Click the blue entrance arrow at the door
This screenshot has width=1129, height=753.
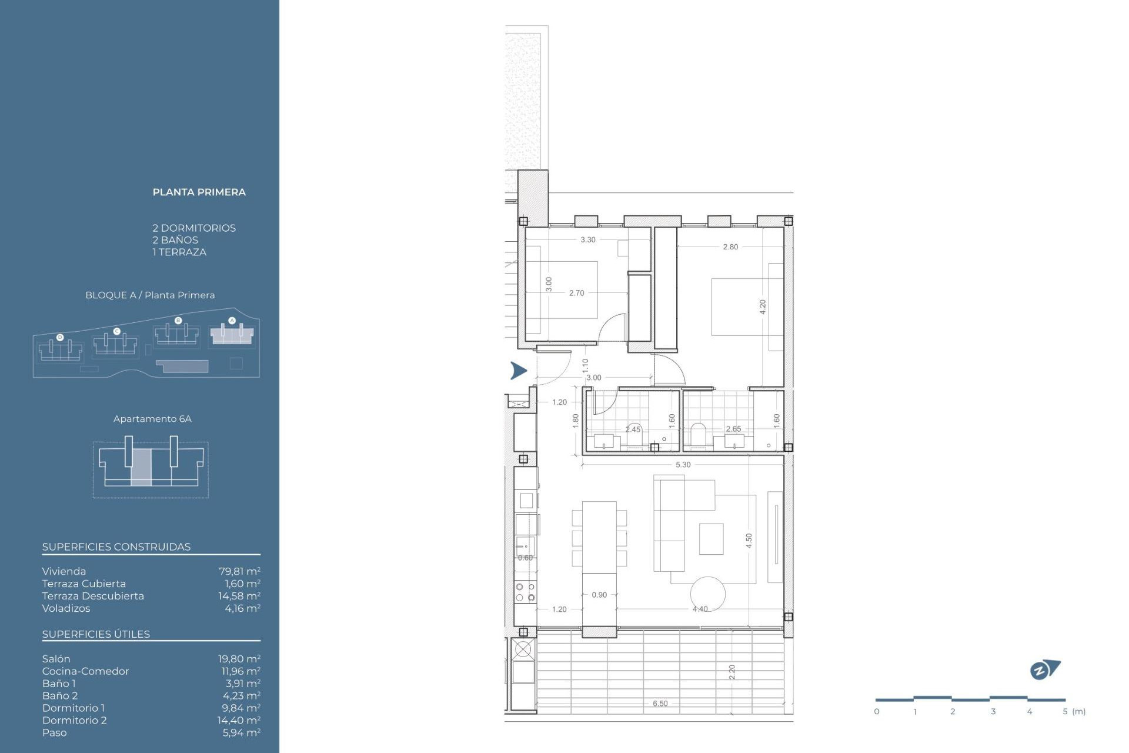click(518, 370)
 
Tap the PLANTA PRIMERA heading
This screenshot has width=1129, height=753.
click(199, 192)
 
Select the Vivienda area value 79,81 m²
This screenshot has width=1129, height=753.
click(239, 571)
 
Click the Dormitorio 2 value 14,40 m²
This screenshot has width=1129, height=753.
click(239, 720)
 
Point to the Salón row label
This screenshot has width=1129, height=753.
click(56, 659)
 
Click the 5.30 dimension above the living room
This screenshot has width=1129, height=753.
click(683, 465)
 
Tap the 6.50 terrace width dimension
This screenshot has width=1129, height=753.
click(660, 704)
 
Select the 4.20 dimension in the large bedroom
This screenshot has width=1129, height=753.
click(763, 306)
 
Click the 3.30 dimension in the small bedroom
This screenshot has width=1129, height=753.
click(587, 240)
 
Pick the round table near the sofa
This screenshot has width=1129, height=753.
click(707, 594)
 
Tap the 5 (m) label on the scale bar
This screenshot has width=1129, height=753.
click(1074, 712)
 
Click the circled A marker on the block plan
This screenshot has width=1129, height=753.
click(232, 321)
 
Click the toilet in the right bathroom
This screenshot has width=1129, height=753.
click(698, 435)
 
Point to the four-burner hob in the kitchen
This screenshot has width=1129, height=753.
click(525, 592)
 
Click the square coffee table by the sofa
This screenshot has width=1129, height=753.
click(711, 539)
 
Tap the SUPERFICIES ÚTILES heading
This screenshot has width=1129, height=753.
click(96, 634)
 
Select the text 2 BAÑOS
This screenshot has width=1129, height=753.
click(175, 240)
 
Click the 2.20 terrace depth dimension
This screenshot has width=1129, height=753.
click(732, 672)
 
